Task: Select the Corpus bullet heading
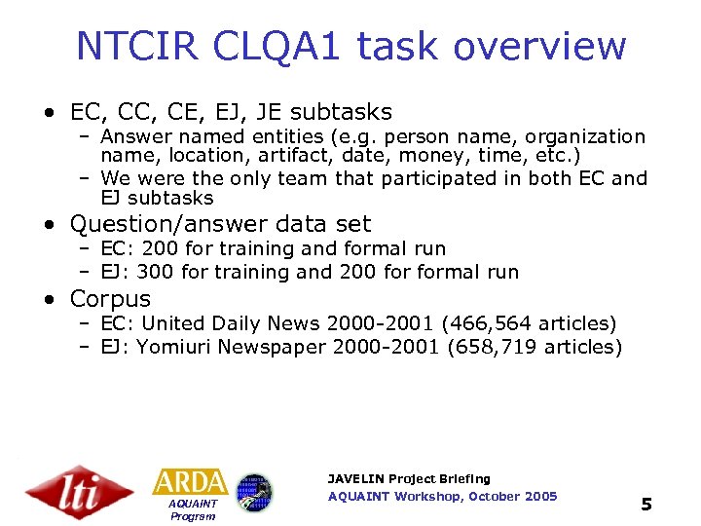pyautogui.click(x=110, y=299)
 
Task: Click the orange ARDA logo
pyautogui.click(x=191, y=481)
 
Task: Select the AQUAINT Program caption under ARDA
pyautogui.click(x=193, y=509)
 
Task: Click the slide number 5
pyautogui.click(x=646, y=504)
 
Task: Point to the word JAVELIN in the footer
pyautogui.click(x=355, y=479)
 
